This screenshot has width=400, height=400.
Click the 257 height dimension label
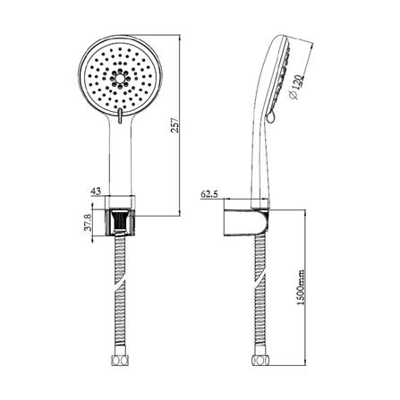coord(175,125)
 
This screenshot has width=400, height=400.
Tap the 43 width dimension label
coord(96,191)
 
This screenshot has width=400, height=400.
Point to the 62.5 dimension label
coord(209,194)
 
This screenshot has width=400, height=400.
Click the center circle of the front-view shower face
coord(120,79)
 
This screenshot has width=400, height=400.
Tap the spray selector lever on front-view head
coord(120,115)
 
